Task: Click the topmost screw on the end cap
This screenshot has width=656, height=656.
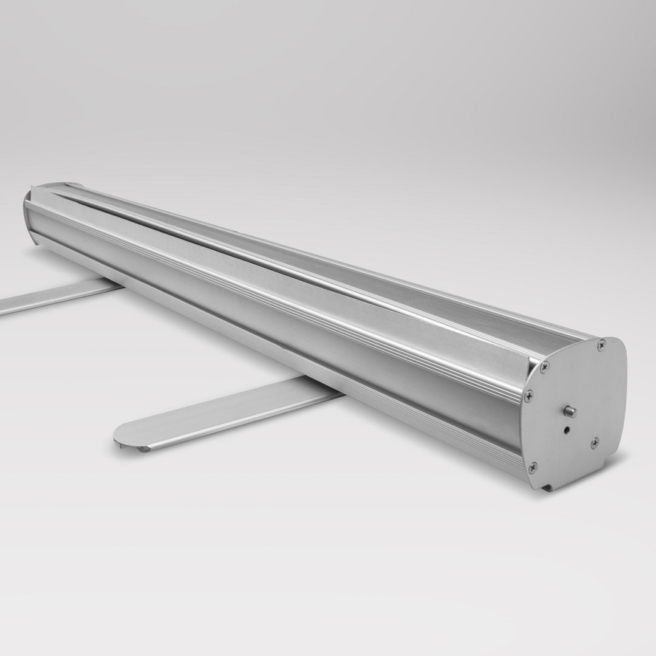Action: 601,345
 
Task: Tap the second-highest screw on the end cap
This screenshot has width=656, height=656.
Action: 544,366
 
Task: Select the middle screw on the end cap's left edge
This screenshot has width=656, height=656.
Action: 529,394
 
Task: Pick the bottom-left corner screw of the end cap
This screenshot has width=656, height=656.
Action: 533,466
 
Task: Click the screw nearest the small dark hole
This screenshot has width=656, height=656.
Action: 595,442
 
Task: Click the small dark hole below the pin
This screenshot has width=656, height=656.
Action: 566,429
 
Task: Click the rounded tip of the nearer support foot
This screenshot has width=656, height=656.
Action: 125,434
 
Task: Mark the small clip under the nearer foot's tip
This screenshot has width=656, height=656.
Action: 143,449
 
